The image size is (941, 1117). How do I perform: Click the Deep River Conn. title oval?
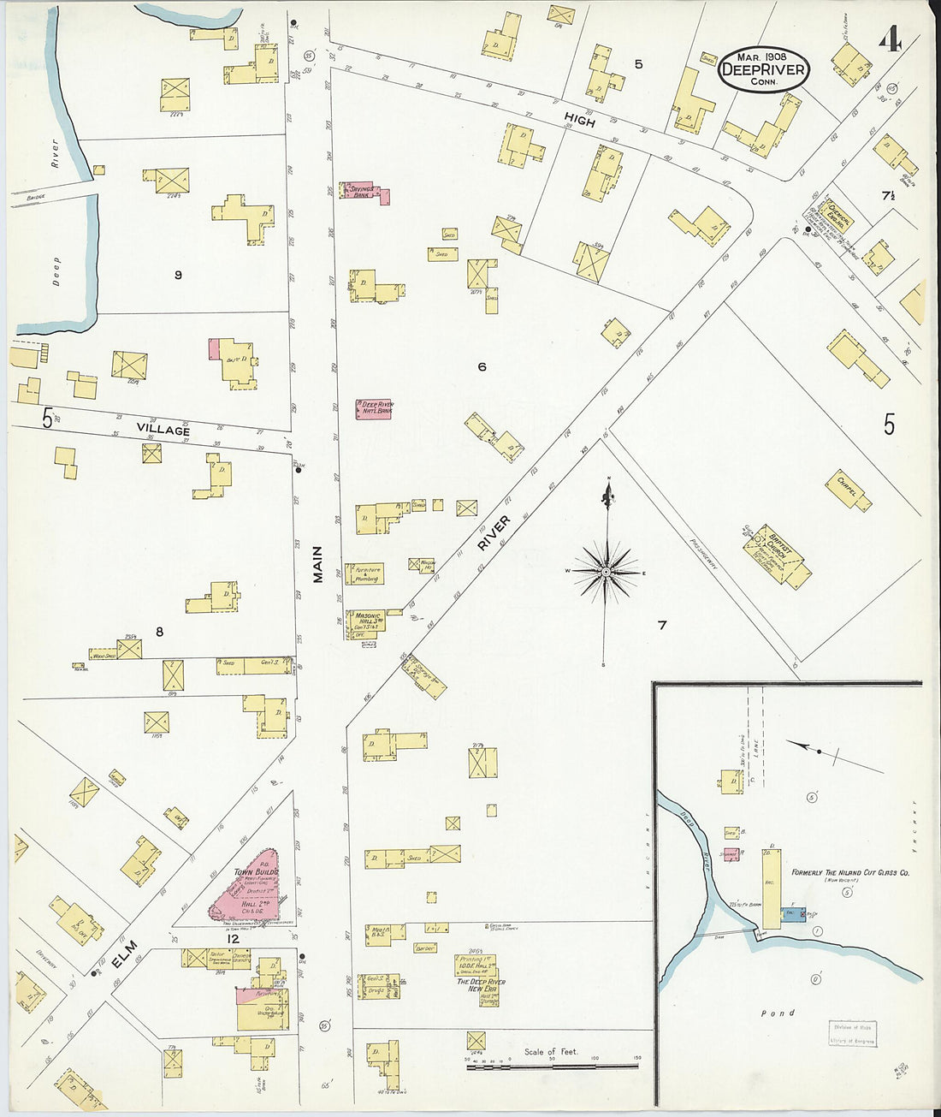click(763, 70)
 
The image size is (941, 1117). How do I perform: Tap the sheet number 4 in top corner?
click(891, 39)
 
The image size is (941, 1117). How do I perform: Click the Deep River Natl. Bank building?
click(375, 408)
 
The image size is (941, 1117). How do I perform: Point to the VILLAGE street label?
click(162, 431)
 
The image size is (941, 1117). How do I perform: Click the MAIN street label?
click(318, 565)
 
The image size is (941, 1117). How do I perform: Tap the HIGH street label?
click(579, 122)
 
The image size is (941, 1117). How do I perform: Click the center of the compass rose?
click(607, 570)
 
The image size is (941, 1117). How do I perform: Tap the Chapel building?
click(849, 490)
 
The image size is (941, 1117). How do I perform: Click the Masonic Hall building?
click(368, 622)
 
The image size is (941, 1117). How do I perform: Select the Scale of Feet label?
click(551, 1051)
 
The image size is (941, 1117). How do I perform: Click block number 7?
click(661, 626)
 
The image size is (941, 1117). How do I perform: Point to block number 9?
click(178, 275)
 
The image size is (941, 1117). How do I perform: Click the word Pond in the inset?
click(778, 1013)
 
